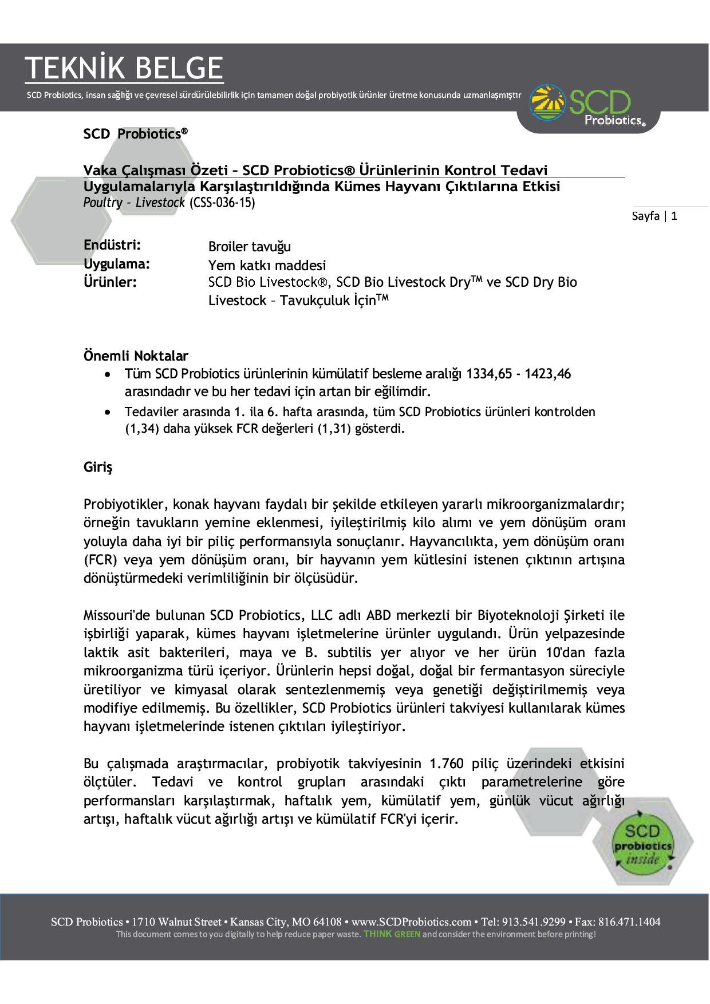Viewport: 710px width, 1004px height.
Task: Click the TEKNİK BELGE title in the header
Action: (124, 68)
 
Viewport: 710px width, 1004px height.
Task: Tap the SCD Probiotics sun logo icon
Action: (548, 103)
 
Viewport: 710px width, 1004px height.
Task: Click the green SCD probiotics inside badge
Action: (642, 845)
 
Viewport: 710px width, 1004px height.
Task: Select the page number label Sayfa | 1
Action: (654, 216)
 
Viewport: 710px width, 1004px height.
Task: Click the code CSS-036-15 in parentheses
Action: (222, 203)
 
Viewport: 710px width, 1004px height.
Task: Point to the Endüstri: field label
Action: (112, 245)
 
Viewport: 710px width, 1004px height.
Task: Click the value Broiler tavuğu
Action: (250, 247)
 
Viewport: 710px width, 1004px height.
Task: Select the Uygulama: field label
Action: (117, 264)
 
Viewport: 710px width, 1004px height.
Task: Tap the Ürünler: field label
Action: (110, 282)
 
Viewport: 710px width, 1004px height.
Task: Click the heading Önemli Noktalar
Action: (136, 355)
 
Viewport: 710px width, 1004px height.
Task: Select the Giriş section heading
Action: (98, 467)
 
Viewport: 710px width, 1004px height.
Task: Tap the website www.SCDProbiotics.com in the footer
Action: (411, 922)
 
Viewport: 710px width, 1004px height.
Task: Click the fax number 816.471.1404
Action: (629, 922)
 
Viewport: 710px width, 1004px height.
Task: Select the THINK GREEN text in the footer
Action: (392, 934)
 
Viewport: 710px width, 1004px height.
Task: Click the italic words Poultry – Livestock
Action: (134, 203)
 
